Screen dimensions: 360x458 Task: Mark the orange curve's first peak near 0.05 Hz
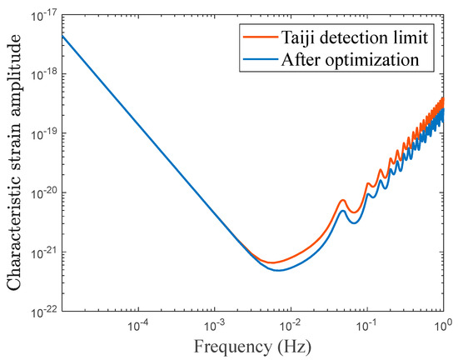[x=342, y=200]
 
